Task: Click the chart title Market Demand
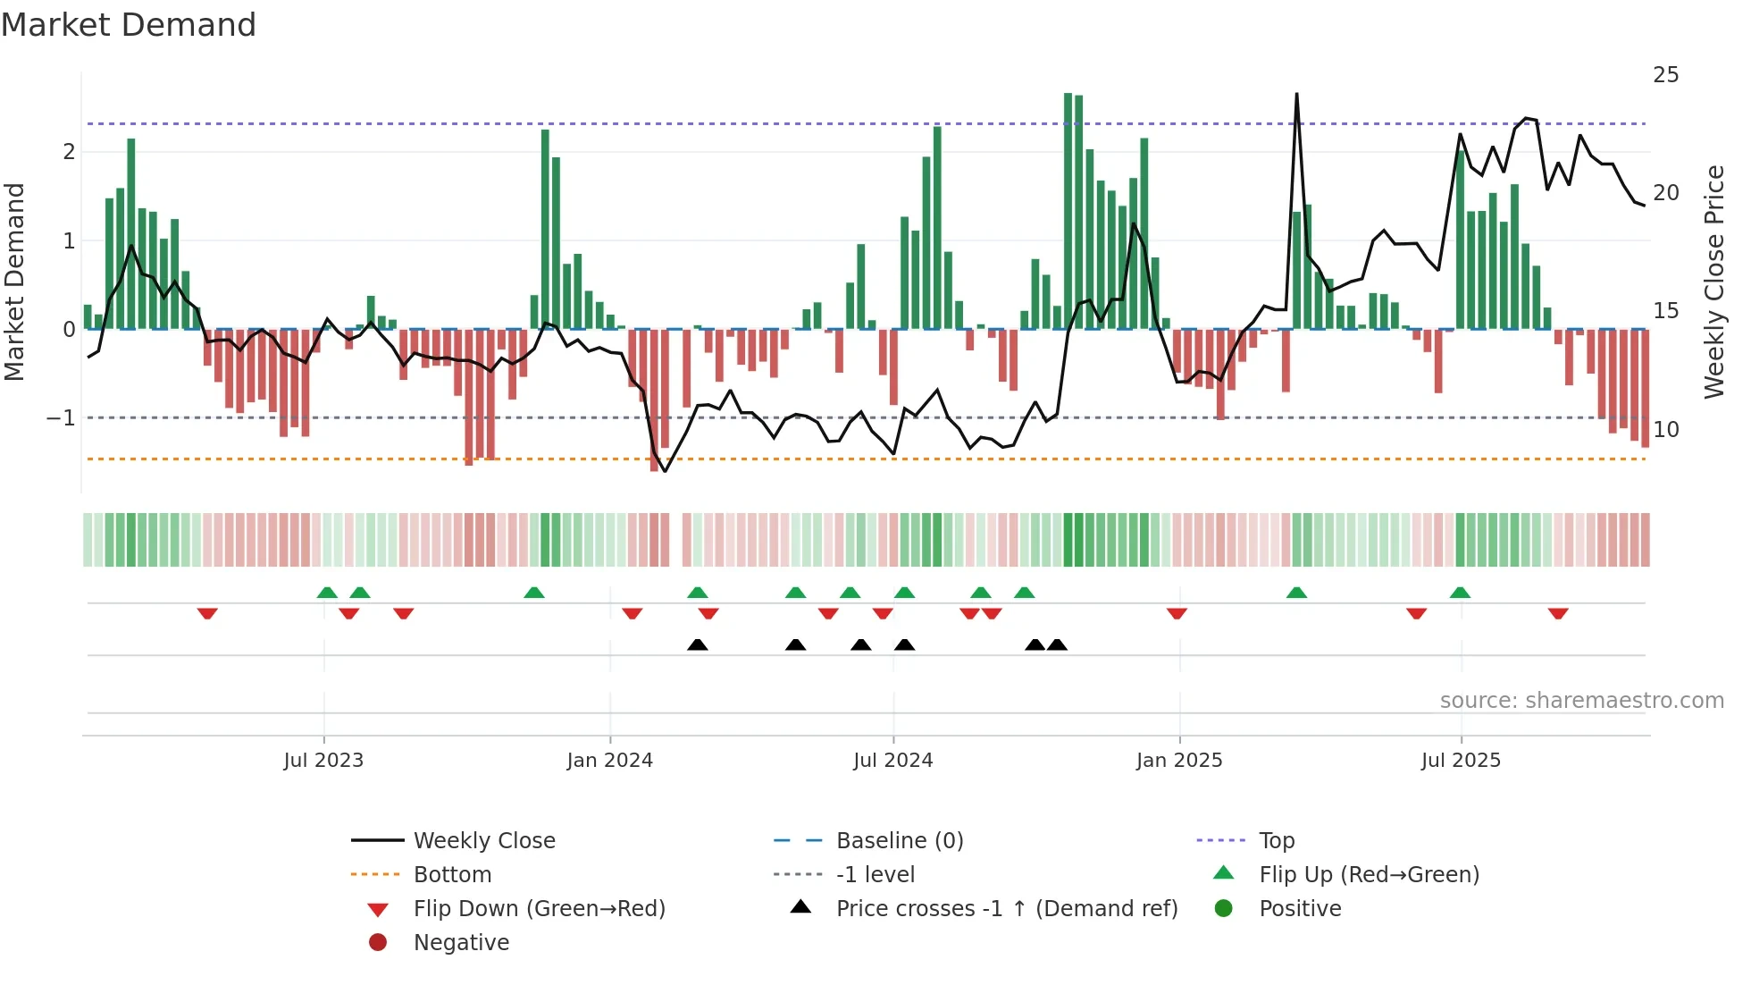coord(129,25)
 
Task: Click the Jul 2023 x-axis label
coord(323,761)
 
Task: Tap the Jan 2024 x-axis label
coord(609,761)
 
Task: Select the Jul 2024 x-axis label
coord(892,761)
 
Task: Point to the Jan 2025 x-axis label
coord(1179,761)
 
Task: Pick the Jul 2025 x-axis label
coord(1461,761)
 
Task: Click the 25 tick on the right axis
coord(1665,75)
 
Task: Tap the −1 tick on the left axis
coord(61,418)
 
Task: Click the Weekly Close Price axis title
coord(1713,282)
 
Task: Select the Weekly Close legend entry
coord(483,841)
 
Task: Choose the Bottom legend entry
coord(452,875)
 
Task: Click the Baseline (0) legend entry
coord(899,841)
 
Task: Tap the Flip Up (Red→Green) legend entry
coord(1369,875)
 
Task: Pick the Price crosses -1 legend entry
coord(1006,909)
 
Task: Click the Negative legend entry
coord(461,943)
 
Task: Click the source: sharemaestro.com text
coord(1581,701)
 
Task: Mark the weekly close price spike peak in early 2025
coord(1296,95)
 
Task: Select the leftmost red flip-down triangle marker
coord(207,613)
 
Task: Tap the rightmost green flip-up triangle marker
coord(1460,593)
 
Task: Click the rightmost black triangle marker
coord(1057,645)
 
